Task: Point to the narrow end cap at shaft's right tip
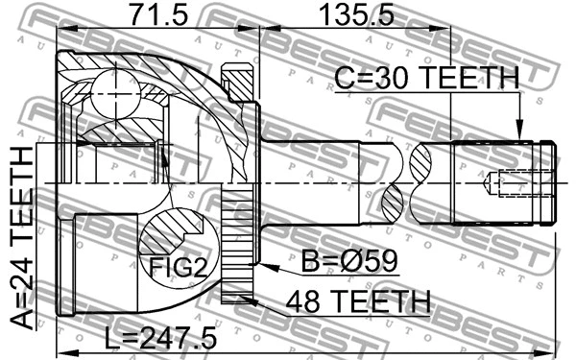548,181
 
